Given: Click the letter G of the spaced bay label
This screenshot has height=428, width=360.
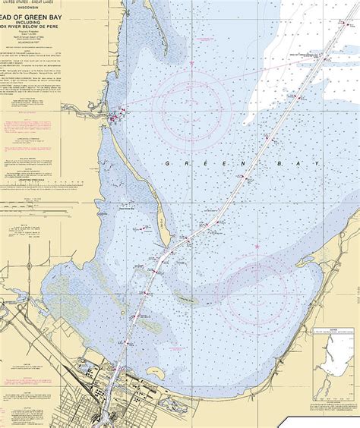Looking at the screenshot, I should [167, 162].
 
